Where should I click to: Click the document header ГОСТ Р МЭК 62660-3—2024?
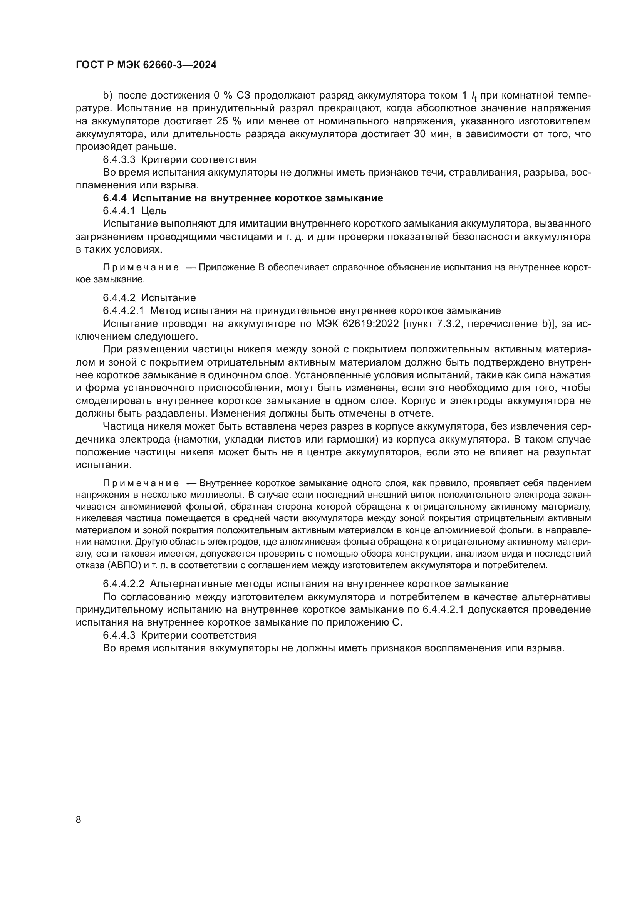146,65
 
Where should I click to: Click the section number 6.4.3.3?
119,160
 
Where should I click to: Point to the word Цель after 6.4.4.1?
154,211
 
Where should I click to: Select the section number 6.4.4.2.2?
124,584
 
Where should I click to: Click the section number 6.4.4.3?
119,635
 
